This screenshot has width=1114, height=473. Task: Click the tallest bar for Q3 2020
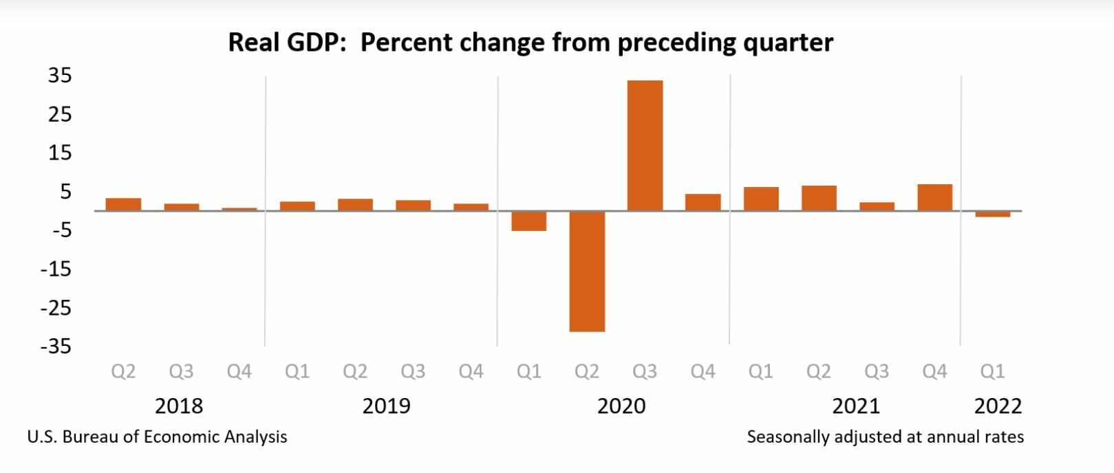point(645,145)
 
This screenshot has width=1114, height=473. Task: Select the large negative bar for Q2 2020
point(587,271)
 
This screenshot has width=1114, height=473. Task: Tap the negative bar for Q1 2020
point(529,221)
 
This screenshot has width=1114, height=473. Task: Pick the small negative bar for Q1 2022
point(992,214)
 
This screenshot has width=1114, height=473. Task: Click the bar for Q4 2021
point(934,197)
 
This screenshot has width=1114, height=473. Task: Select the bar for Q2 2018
point(123,204)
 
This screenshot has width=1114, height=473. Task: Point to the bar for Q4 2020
point(703,202)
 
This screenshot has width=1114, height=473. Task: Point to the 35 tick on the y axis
point(60,75)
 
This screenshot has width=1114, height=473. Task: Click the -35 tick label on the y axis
point(56,346)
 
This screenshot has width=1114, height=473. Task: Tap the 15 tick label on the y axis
point(60,153)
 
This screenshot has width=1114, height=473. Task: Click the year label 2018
point(179,406)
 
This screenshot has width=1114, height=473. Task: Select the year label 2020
point(621,406)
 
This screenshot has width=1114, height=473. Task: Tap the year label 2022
point(998,406)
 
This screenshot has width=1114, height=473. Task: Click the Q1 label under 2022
point(992,371)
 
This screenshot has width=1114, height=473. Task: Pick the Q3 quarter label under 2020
point(645,371)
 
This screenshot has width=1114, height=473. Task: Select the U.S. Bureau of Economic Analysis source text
point(157,437)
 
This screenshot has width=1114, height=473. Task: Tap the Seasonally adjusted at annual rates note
point(885,437)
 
